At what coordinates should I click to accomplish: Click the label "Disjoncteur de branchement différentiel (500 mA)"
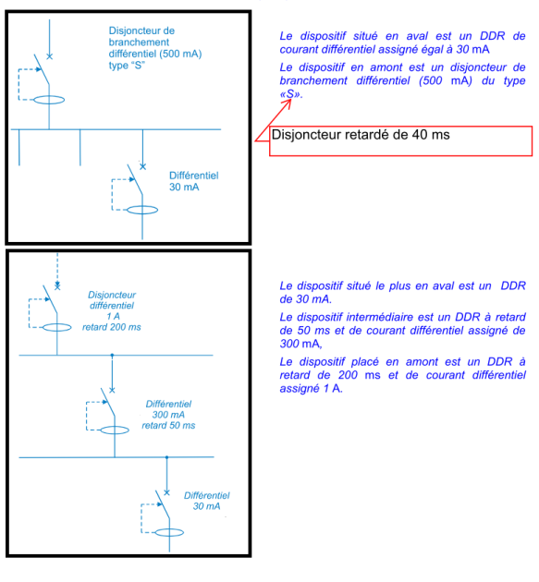[x=155, y=42]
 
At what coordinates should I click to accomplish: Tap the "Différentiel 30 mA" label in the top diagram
[x=193, y=181]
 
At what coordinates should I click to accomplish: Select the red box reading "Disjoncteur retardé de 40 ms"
[x=400, y=140]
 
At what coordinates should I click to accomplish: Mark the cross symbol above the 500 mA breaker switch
[x=49, y=56]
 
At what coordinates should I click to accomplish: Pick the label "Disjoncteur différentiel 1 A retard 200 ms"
[x=112, y=310]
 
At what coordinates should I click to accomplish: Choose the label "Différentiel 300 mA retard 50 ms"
[x=168, y=414]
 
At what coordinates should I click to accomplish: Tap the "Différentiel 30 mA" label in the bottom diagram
[x=206, y=501]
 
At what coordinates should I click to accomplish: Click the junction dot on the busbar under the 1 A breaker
[x=112, y=356]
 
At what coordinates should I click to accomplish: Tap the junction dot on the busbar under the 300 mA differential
[x=166, y=457]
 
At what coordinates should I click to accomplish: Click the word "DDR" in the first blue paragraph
[x=492, y=36]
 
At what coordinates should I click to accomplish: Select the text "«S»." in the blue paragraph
[x=291, y=94]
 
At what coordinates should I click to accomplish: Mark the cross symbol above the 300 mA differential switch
[x=112, y=390]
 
